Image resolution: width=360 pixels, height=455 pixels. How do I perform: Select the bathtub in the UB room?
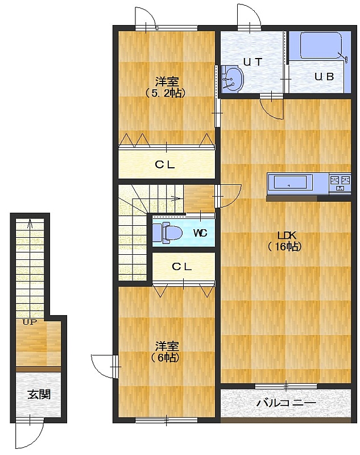tap(321, 46)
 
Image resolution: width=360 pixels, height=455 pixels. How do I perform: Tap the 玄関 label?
tap(39, 394)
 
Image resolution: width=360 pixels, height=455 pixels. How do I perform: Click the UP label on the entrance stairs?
tap(30, 322)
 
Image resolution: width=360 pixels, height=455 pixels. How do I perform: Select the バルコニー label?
tap(286, 403)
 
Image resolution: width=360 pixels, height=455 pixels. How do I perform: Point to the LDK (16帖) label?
tap(285, 241)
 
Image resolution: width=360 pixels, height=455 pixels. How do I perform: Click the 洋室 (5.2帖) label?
tap(166, 87)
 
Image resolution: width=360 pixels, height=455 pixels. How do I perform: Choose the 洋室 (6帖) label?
tap(166, 351)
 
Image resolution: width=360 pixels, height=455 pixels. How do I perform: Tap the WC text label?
tap(200, 233)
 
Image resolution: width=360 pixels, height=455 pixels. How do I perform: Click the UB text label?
tap(324, 77)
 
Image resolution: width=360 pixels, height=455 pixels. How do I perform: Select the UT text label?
tap(253, 62)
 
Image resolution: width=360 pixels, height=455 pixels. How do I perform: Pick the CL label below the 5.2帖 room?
tap(165, 165)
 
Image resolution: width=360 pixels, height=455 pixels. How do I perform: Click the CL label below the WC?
tap(181, 267)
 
